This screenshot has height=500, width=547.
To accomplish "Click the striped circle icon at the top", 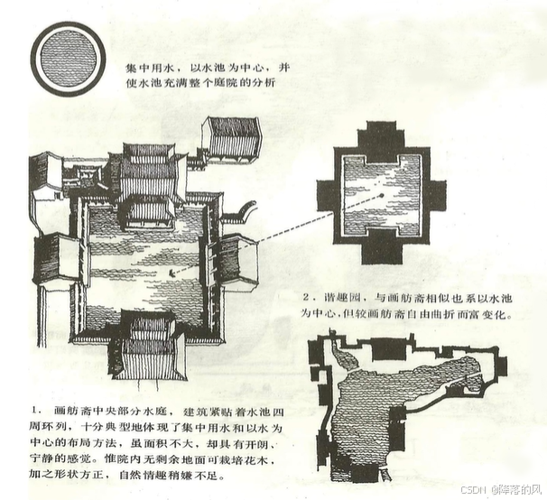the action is tap(67, 58).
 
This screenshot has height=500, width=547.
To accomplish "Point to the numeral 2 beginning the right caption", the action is tap(309, 297).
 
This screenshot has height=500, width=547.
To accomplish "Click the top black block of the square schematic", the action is tap(381, 138).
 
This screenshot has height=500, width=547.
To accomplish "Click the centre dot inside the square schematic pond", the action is tap(381, 193).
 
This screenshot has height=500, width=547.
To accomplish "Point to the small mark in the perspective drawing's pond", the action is tap(172, 270).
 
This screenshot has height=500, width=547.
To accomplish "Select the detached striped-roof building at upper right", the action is tap(231, 137).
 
